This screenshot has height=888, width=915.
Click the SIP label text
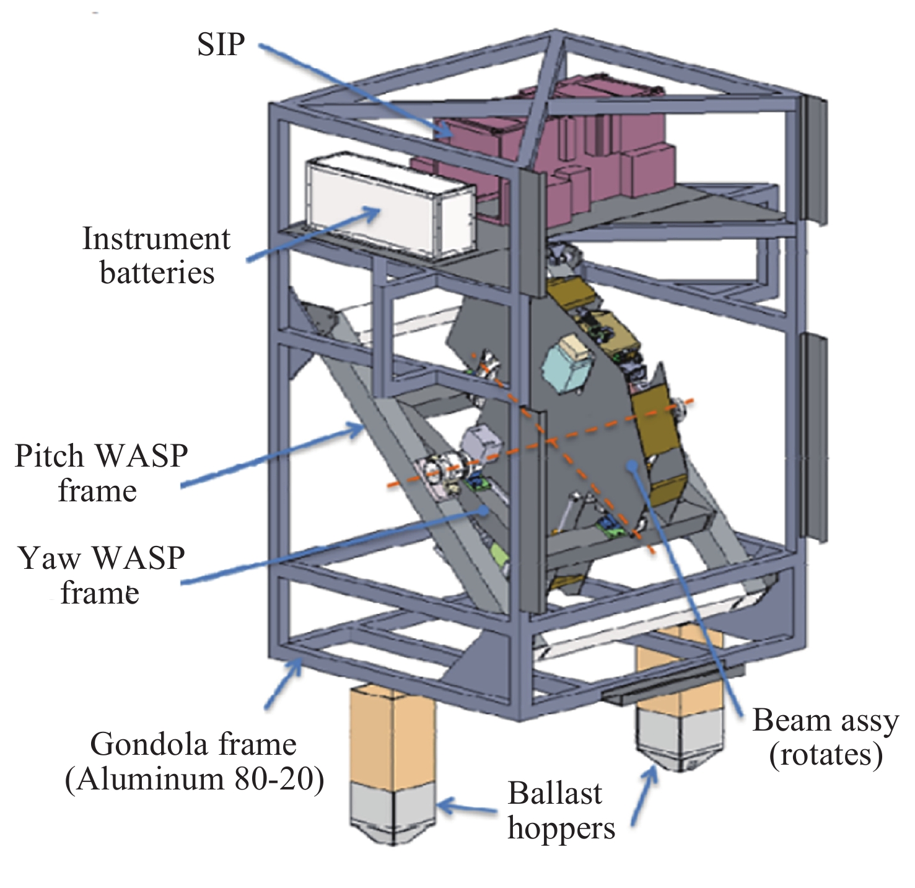221,45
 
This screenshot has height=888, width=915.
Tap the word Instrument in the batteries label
156,239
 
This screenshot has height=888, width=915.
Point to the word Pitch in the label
49,457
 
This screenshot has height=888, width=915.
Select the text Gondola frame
193,744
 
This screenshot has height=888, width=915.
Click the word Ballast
555,794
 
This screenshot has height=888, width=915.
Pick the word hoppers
561,829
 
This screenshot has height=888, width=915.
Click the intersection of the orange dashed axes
550,441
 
